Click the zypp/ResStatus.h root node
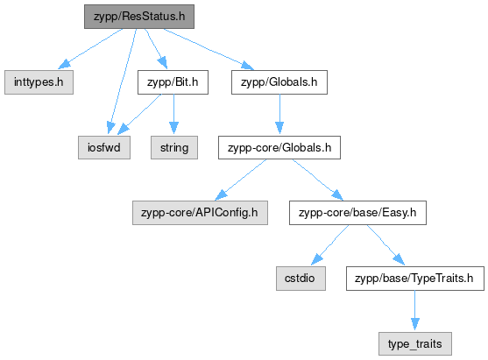pos(139,17)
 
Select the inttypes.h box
pos(39,82)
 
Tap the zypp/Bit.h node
pos(173,82)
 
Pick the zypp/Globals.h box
pos(279,82)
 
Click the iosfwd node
pos(104,147)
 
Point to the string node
pos(174,147)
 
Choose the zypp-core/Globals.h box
pos(279,147)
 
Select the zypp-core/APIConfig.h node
pos(200,213)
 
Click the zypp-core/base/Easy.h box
pos(357,213)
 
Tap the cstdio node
pos(301,279)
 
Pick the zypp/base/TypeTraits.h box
pos(415,279)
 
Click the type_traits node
pos(415,344)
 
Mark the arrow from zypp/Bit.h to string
pos(173,115)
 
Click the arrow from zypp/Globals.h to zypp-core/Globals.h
pos(279,115)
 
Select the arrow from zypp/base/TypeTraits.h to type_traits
pos(415,310)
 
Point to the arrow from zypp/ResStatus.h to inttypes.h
pos(90,48)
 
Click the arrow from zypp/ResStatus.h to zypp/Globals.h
pos(209,49)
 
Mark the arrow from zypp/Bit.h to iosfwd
pos(139,115)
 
